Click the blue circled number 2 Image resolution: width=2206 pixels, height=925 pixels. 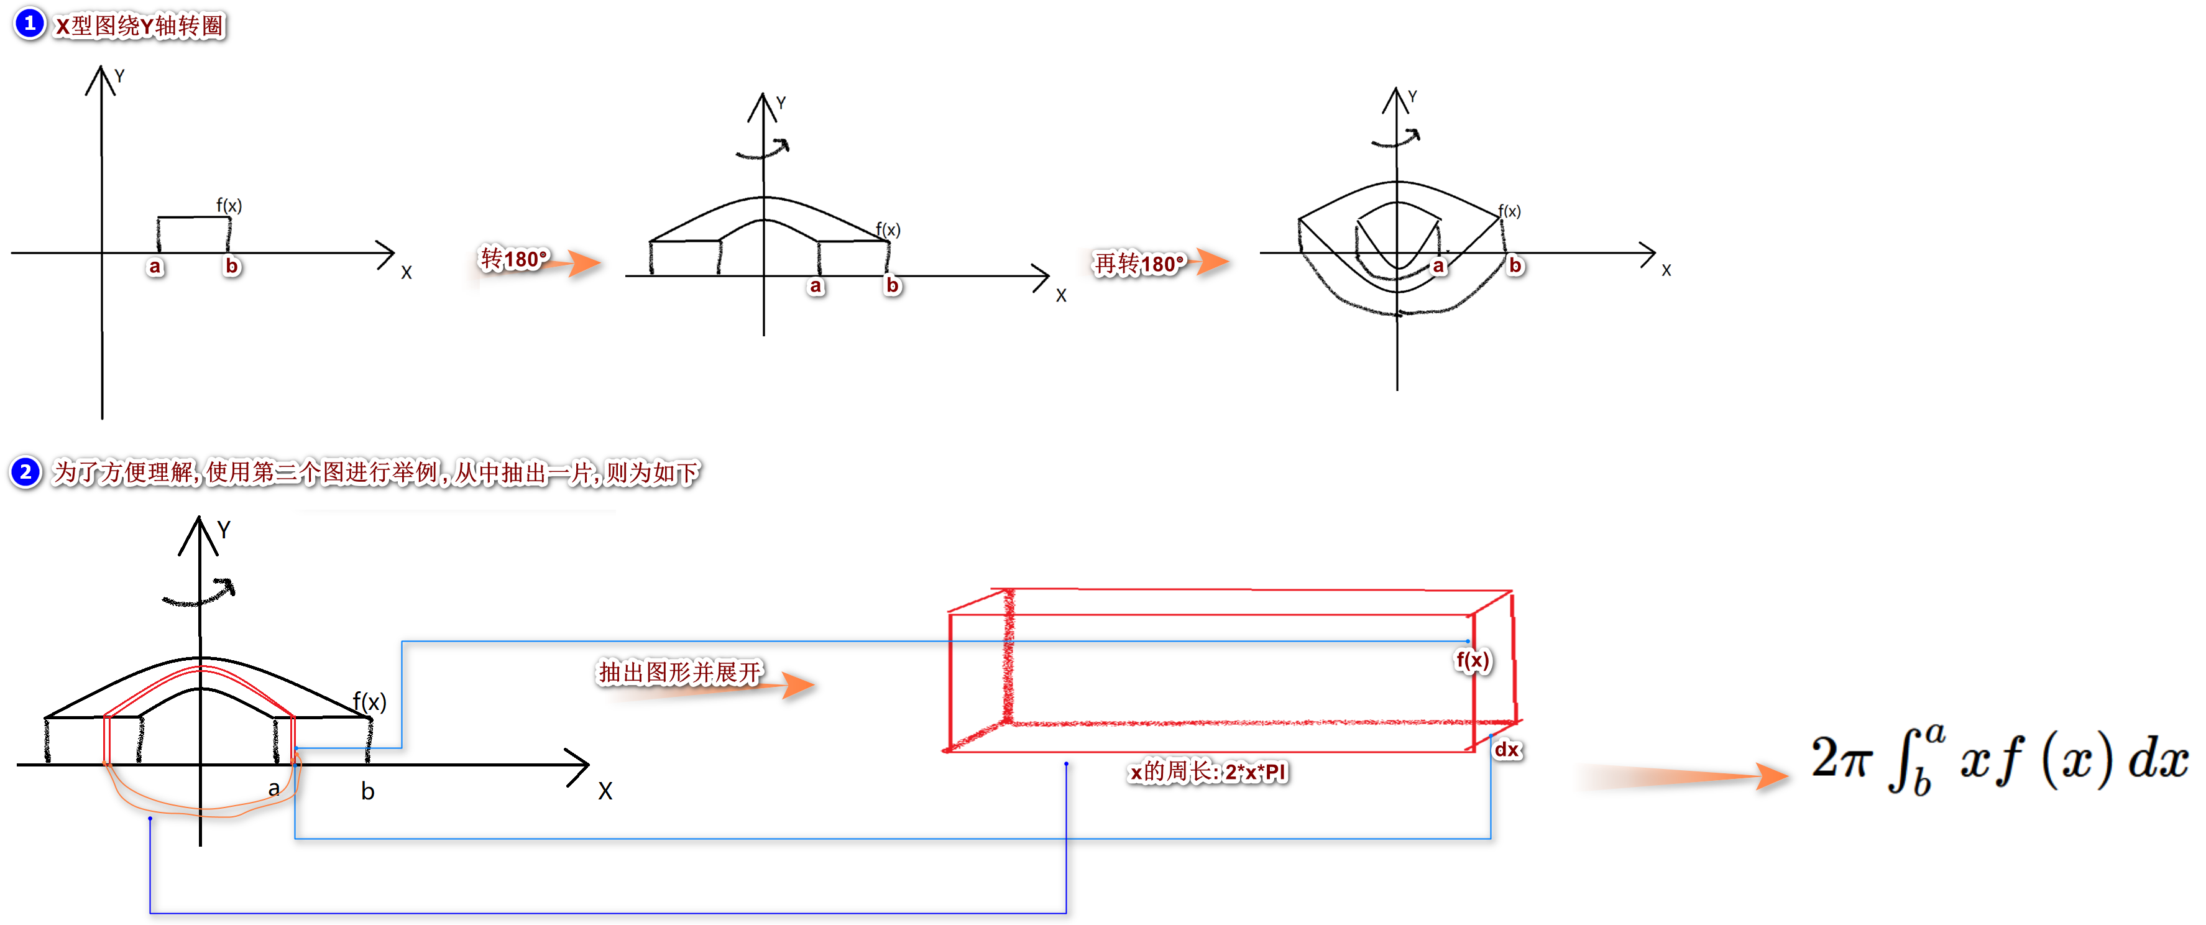25,472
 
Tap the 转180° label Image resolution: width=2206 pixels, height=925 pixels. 513,259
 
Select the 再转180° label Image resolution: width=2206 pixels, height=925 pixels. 1139,263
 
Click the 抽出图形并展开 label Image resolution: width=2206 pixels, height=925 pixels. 679,673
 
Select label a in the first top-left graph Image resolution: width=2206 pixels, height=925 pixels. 155,266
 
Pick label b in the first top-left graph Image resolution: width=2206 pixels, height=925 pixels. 231,266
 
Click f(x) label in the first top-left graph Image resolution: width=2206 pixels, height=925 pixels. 229,206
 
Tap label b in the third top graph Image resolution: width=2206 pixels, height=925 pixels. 1515,265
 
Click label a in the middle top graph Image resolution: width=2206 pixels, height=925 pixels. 816,286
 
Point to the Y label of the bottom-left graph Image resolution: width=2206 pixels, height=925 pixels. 224,530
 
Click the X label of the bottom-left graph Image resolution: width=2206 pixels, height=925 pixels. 605,791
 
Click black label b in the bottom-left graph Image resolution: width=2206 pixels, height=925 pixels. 367,791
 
